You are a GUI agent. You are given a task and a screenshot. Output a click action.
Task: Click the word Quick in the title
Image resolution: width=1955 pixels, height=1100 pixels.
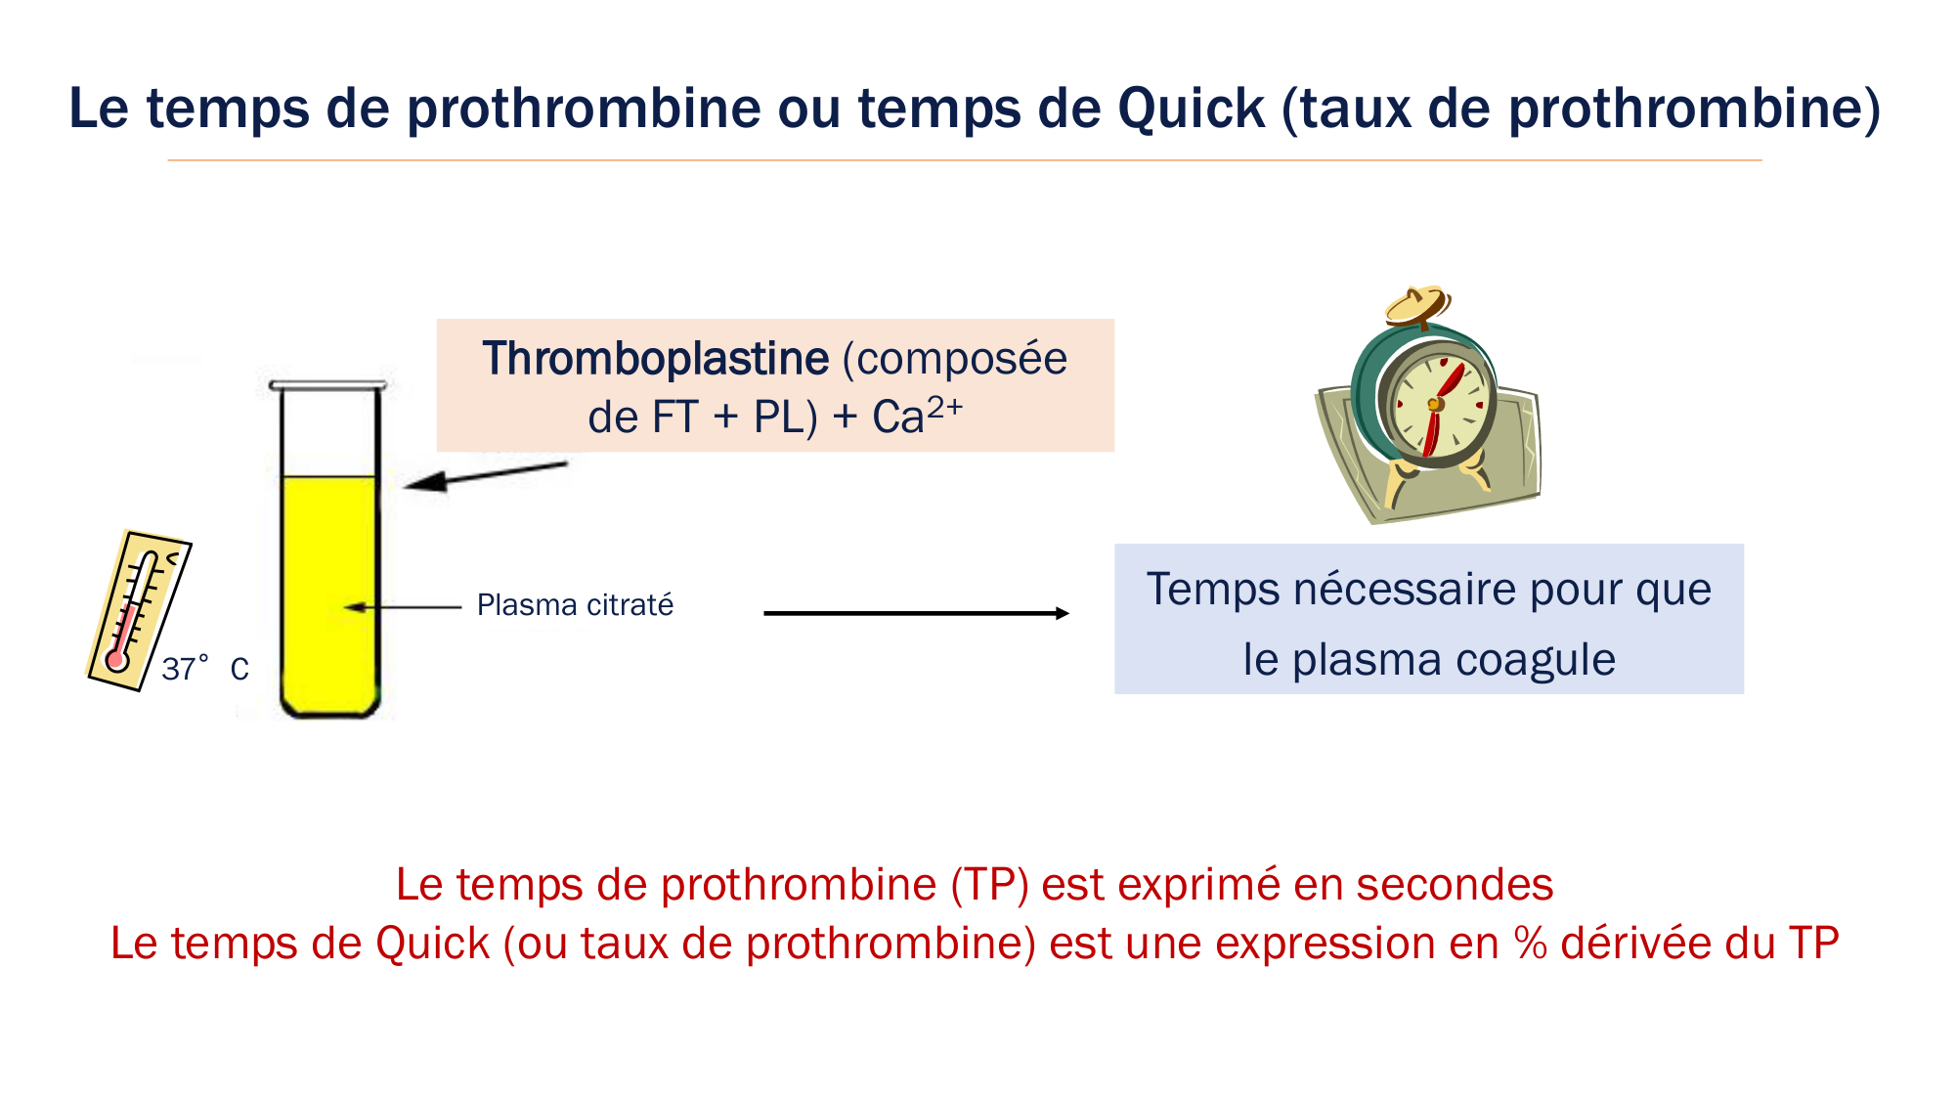[x=1191, y=108]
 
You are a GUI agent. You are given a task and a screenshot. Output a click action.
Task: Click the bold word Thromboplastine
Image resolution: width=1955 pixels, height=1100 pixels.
[x=655, y=358]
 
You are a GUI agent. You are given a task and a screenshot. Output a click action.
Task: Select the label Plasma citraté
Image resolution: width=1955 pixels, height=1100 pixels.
[x=575, y=605]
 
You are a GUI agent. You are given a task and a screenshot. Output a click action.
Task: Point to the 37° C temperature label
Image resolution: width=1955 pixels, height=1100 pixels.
[x=204, y=669]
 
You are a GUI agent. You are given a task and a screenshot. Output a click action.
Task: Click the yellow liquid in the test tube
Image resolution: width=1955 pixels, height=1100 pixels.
[x=329, y=587]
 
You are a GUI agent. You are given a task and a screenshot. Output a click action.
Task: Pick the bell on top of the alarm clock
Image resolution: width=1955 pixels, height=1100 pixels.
[x=1417, y=303]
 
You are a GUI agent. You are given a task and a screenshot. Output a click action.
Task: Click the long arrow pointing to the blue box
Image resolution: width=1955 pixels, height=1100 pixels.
[x=916, y=613]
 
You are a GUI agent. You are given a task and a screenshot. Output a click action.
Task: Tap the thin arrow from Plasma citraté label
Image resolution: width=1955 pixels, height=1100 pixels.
[x=403, y=607]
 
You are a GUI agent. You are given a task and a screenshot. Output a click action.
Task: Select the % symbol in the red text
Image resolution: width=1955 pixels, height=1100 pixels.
[x=1531, y=944]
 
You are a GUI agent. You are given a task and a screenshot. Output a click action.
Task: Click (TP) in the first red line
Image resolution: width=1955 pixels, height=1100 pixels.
[x=989, y=885]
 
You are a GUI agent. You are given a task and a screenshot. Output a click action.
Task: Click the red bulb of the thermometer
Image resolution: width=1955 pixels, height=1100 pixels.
[x=117, y=661]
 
